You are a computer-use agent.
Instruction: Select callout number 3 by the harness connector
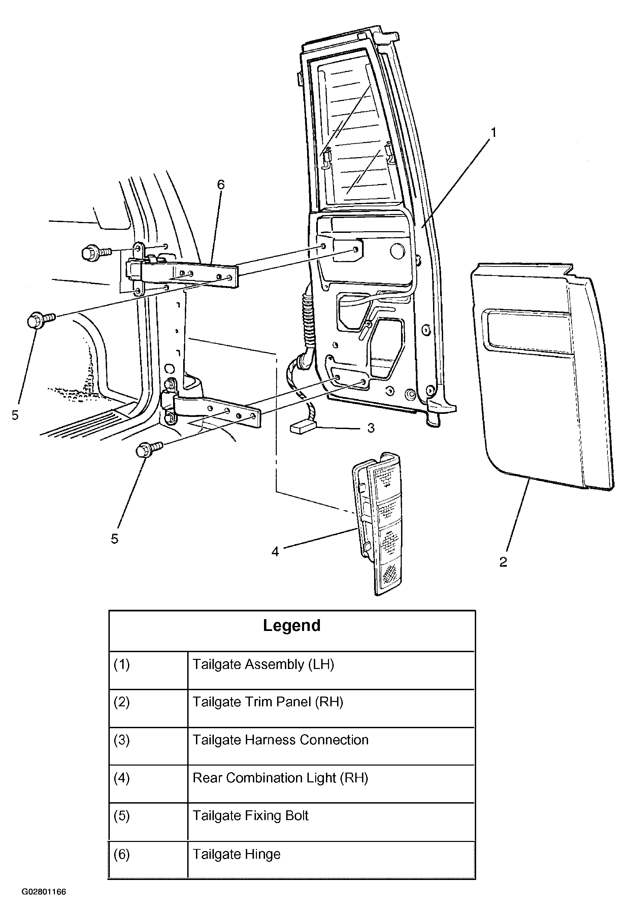[x=371, y=428]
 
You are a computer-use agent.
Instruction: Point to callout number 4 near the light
[x=275, y=551]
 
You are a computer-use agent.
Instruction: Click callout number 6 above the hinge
[x=221, y=184]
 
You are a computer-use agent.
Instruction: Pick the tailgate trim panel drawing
[x=542, y=376]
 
